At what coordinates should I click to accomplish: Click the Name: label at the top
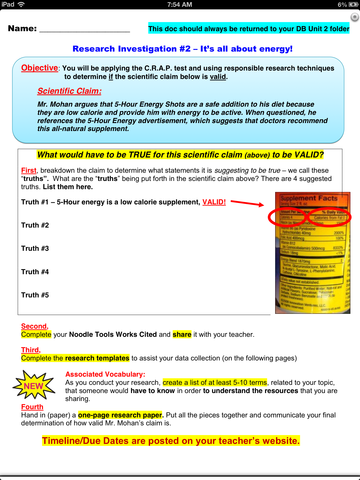[31, 30]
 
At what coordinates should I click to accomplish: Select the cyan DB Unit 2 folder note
[249, 30]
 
